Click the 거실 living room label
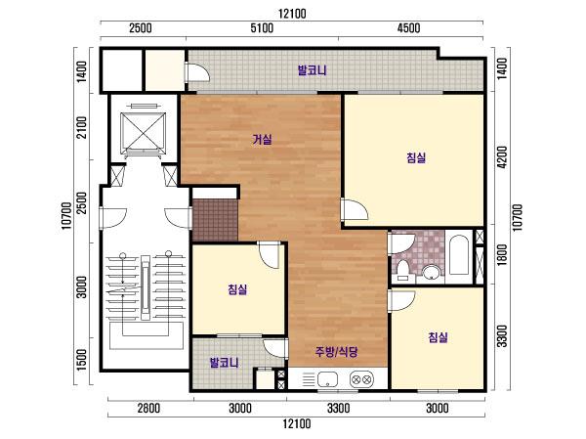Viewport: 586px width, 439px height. pyautogui.click(x=262, y=140)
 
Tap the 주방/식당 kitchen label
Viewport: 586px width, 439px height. pyautogui.click(x=337, y=351)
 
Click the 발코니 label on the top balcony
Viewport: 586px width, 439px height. pyautogui.click(x=313, y=70)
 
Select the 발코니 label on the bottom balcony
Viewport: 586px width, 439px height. pyautogui.click(x=225, y=363)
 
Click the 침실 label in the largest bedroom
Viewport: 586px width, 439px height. pyautogui.click(x=416, y=157)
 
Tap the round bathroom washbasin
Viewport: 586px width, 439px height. pyautogui.click(x=432, y=272)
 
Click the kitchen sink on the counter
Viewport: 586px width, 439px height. pyautogui.click(x=327, y=379)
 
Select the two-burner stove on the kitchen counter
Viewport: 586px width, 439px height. pyautogui.click(x=361, y=379)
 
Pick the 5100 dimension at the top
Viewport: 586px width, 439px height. pyautogui.click(x=262, y=28)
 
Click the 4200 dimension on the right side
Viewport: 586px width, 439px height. pyautogui.click(x=502, y=156)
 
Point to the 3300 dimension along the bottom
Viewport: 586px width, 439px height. pyautogui.click(x=339, y=408)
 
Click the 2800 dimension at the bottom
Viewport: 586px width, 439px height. pyautogui.click(x=148, y=408)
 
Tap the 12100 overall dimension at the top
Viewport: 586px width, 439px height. pyautogui.click(x=292, y=14)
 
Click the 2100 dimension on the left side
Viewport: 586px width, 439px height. pyautogui.click(x=81, y=127)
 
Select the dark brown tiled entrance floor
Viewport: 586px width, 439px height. pyautogui.click(x=215, y=220)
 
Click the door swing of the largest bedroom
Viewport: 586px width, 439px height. pyautogui.click(x=355, y=209)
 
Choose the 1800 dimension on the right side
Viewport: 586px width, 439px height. pyautogui.click(x=502, y=255)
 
